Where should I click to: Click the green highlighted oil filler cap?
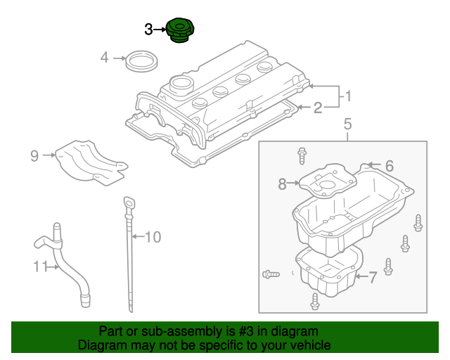[179, 32]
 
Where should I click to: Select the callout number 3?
[148, 29]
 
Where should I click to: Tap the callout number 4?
[104, 58]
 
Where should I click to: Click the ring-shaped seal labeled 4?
[141, 60]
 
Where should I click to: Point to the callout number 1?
[346, 95]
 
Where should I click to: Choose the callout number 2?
[317, 108]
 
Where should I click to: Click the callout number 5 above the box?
[347, 125]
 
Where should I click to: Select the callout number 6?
[389, 167]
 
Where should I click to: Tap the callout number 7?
[373, 276]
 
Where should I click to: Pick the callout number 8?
[282, 184]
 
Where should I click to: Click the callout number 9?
[34, 156]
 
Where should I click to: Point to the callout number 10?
[153, 237]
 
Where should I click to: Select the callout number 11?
[39, 266]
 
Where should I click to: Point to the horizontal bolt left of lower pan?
[271, 273]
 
